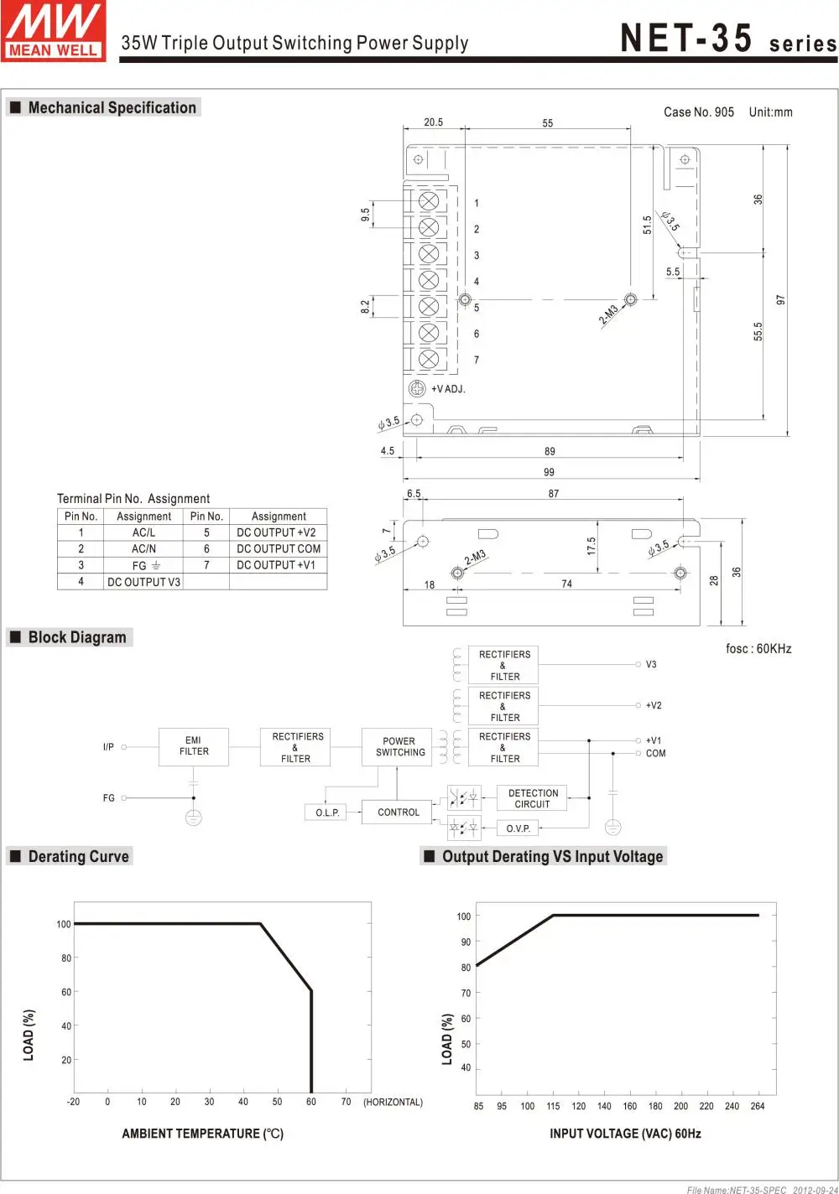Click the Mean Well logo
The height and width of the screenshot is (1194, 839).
54,31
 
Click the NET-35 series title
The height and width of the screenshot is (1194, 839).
727,39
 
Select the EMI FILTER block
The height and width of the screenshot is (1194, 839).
194,746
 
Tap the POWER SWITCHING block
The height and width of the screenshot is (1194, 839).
399,746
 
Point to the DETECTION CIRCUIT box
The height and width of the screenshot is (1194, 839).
532,798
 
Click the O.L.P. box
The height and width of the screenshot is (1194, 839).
327,812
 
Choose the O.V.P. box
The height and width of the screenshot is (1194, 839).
519,828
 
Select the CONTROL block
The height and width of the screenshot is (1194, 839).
399,812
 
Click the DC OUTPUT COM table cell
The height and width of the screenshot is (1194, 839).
278,548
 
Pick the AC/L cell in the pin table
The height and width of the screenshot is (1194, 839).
143,532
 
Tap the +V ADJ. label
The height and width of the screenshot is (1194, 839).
448,389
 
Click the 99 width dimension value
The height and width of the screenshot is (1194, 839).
549,472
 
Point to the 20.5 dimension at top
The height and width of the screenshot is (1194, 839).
433,122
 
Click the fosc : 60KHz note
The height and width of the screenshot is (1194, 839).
758,649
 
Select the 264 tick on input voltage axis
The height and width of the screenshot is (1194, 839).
758,1106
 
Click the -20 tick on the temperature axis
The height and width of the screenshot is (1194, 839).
74,1102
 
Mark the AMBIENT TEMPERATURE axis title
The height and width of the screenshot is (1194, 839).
203,1134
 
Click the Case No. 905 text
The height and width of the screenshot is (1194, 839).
698,112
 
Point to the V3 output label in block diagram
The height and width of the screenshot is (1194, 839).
651,665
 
